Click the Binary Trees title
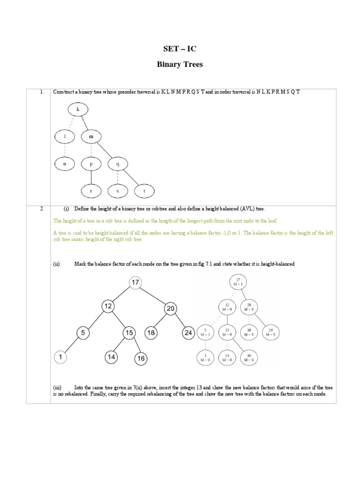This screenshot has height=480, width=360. pos(180,65)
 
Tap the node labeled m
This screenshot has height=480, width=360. pos(91,136)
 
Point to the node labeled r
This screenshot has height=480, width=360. pos(91,191)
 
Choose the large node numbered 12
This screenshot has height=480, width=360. pos(108,306)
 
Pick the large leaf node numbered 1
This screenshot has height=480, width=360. pos(61,357)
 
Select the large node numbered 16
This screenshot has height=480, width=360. pos(141,359)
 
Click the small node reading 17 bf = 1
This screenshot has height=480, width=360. pos(238,282)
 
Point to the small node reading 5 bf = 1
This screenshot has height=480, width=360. pos(206,332)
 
